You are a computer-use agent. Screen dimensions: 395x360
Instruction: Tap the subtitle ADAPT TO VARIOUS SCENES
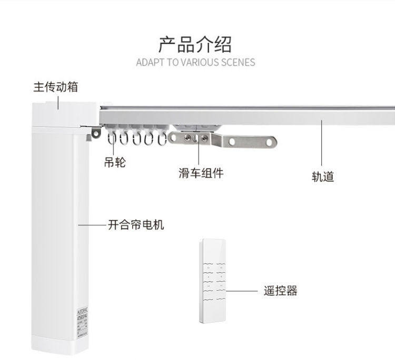click(195, 62)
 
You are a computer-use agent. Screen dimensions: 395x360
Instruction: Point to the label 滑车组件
click(201, 173)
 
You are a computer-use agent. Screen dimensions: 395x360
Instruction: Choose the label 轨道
click(322, 176)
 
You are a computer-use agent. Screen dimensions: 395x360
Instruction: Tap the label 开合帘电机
click(136, 225)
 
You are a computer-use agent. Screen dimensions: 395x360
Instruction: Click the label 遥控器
click(281, 291)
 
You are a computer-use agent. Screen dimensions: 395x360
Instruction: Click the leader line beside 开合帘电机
click(92, 225)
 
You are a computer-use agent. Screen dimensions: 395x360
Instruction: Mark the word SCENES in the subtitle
click(236, 62)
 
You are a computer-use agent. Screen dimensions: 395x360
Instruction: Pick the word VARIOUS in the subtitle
click(199, 62)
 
